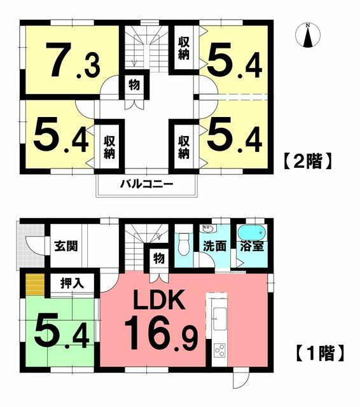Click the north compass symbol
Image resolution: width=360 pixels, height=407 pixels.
308,36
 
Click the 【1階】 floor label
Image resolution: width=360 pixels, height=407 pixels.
322,352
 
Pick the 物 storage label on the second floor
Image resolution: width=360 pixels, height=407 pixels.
134,85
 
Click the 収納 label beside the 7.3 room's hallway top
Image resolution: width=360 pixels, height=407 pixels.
184,48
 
